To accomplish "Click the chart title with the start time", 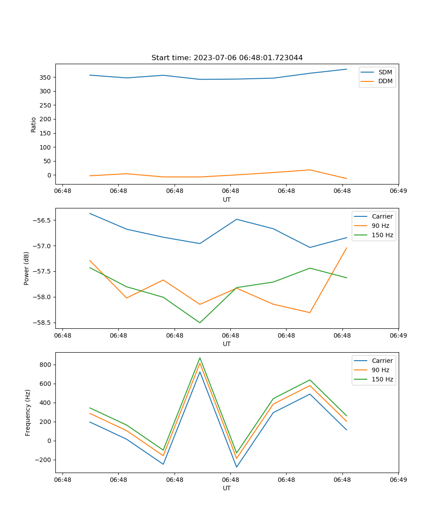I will [227, 58].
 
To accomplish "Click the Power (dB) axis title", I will [27, 268].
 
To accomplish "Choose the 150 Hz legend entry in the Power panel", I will [382, 235].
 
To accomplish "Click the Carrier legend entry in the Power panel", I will [382, 216].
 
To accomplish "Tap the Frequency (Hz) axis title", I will [28, 412].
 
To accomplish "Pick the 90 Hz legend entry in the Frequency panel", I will [381, 370].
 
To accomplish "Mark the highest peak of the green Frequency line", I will [200, 358].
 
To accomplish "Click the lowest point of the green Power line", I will [200, 323].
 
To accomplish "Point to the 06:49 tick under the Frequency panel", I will [398, 479].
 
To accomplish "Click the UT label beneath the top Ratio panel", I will [227, 200].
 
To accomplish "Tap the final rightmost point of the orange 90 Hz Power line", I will [346, 248].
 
